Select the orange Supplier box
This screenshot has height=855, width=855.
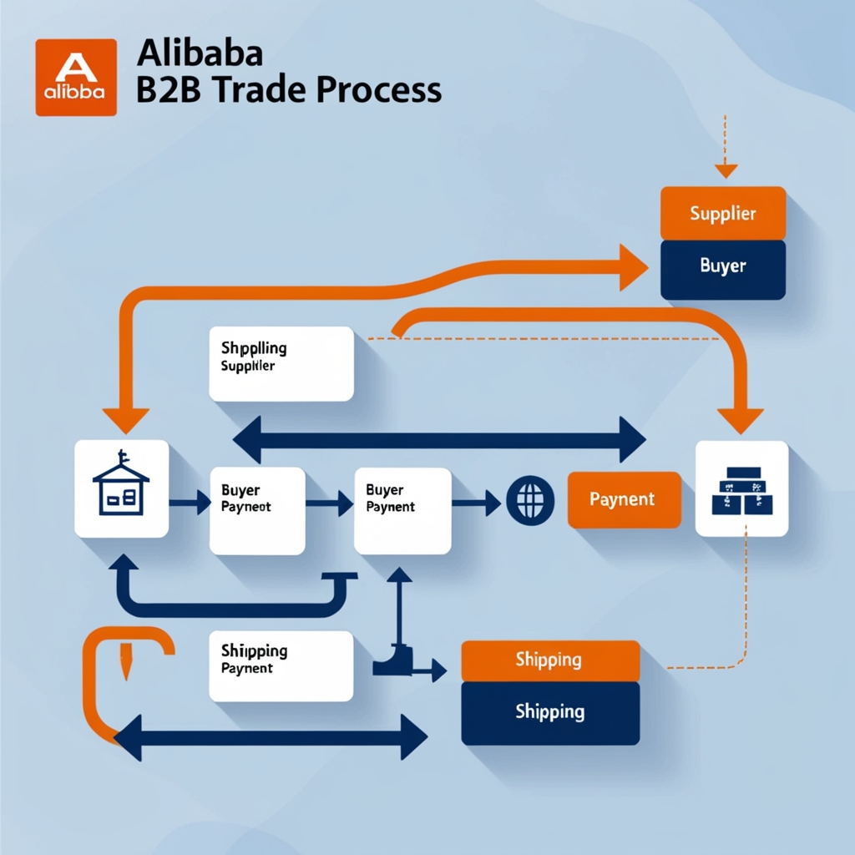click(722, 213)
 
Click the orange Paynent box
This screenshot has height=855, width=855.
click(624, 499)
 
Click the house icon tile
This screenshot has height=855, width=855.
click(121, 488)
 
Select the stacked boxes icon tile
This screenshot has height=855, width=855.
click(741, 488)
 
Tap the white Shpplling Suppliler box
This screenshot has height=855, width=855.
click(281, 363)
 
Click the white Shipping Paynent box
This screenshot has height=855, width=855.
click(281, 665)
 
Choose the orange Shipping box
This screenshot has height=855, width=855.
click(550, 660)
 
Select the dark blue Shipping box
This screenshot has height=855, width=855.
click(550, 712)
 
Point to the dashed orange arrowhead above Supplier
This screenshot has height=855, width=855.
click(726, 170)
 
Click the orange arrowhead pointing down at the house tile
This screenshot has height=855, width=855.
click(125, 420)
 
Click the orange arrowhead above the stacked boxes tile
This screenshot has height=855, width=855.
click(741, 420)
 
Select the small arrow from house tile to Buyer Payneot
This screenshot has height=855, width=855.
click(190, 503)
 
